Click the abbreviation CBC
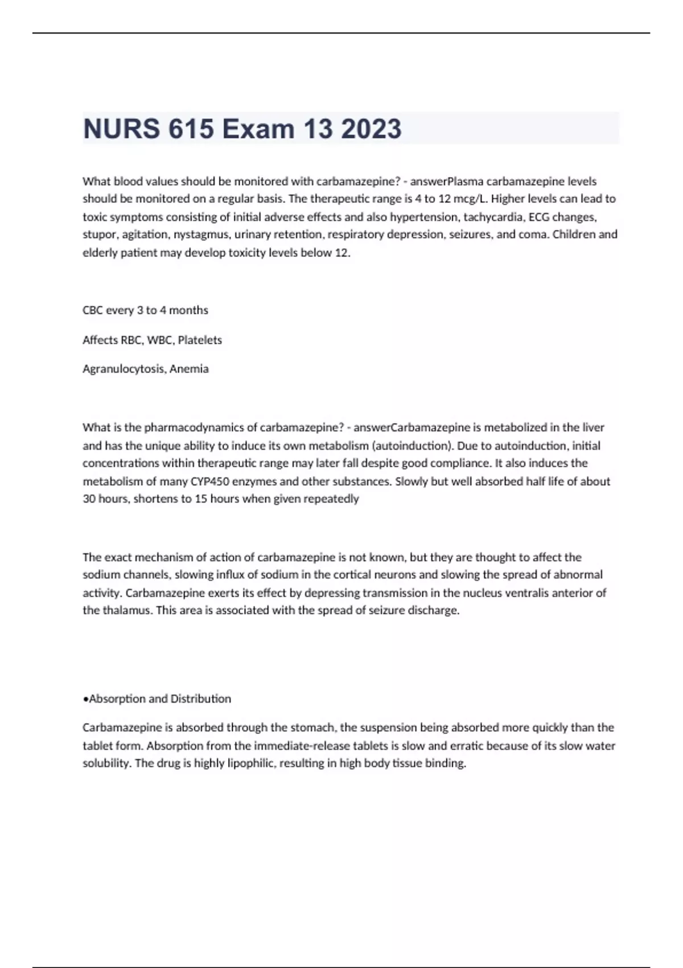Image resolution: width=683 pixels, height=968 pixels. tap(93, 310)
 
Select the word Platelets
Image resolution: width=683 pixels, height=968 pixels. tap(200, 340)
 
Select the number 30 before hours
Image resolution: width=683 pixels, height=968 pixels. tap(89, 499)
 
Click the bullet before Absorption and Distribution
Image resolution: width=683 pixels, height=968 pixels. tap(85, 699)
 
